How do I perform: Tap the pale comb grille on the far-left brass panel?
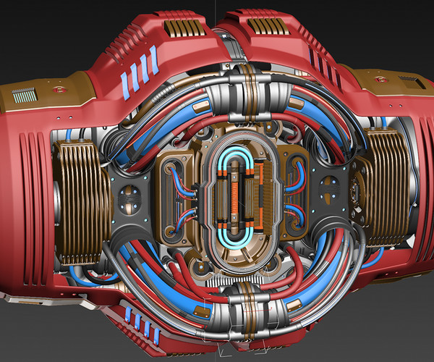pyautogui.click(x=25, y=94)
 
